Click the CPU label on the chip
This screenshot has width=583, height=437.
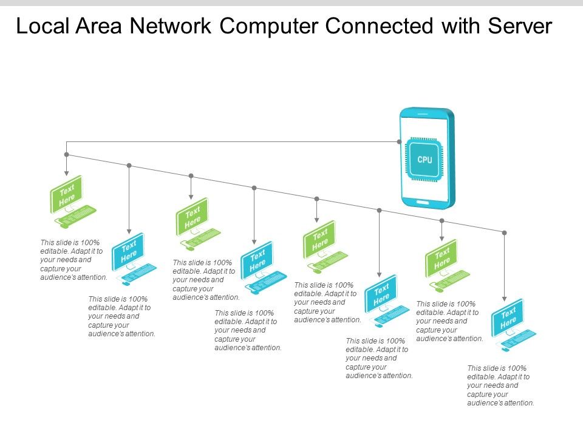(x=425, y=160)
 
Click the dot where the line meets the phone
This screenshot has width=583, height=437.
(x=399, y=142)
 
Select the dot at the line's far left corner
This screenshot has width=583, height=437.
(x=67, y=154)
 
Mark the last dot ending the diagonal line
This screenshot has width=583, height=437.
(x=504, y=232)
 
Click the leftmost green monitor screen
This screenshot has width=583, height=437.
(x=66, y=194)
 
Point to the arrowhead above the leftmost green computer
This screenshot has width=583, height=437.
(x=67, y=173)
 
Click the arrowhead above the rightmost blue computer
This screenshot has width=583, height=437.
(x=504, y=299)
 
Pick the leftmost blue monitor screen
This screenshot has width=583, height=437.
(x=128, y=251)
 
